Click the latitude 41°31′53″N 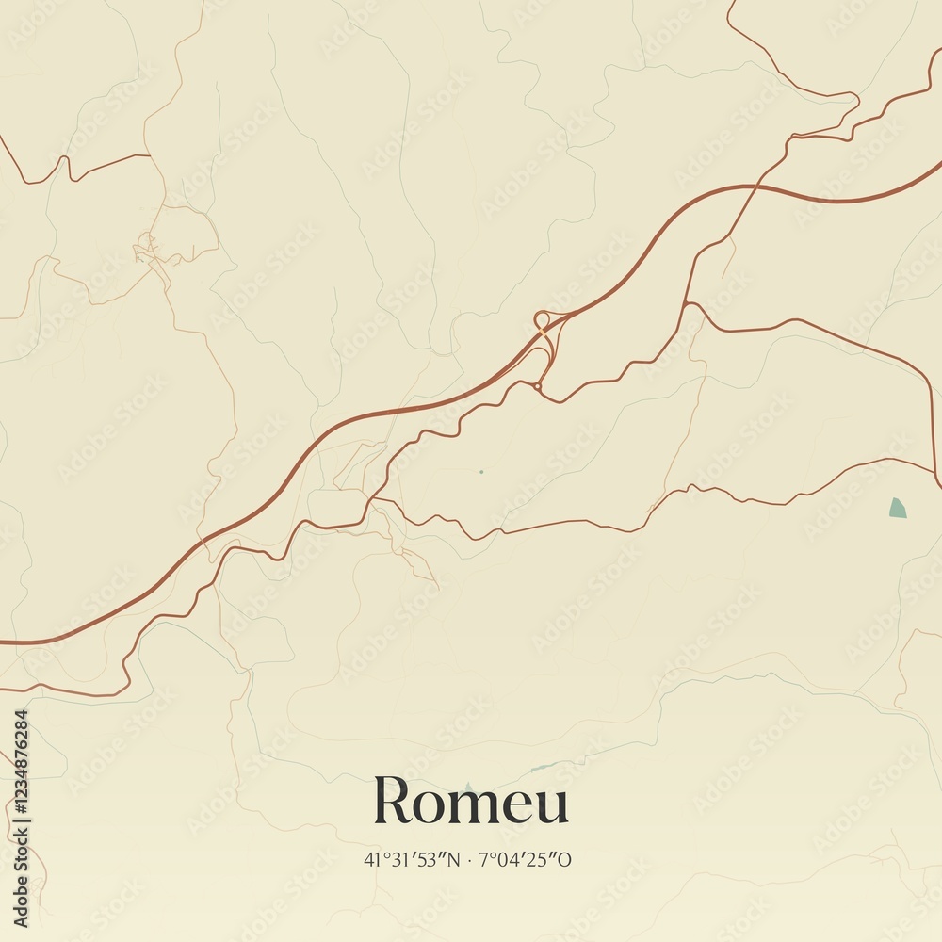pyautogui.click(x=410, y=859)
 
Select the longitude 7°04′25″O pyautogui.click(x=526, y=859)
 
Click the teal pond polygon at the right pyautogui.click(x=897, y=509)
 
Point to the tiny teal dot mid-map pyautogui.click(x=480, y=471)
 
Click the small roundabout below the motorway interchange pyautogui.click(x=537, y=385)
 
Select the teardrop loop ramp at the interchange pyautogui.click(x=542, y=319)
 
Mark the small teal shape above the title pyautogui.click(x=468, y=788)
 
